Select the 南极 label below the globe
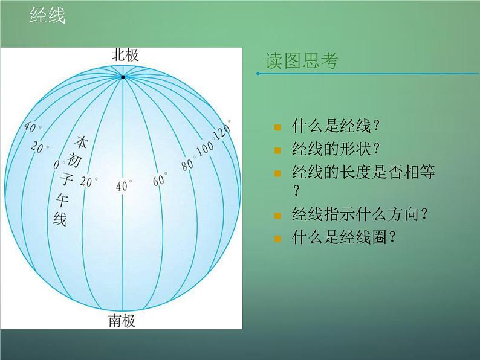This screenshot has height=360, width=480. click(x=122, y=320)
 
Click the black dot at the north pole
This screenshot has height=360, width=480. click(x=123, y=77)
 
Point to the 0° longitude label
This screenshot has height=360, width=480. click(x=58, y=164)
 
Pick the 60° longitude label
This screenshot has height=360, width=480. click(x=160, y=179)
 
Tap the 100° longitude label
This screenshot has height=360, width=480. click(x=206, y=147)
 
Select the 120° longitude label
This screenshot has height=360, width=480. click(x=222, y=130)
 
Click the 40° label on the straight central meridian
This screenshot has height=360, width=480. click(x=123, y=187)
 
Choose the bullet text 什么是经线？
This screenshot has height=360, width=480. click(x=336, y=127)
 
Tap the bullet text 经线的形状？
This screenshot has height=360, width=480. click(x=336, y=150)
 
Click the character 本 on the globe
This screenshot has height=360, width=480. click(x=80, y=143)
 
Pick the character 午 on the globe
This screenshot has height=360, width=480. click(x=63, y=199)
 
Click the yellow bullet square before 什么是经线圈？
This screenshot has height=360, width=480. click(x=277, y=238)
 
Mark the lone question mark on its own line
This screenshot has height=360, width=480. click(x=296, y=192)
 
